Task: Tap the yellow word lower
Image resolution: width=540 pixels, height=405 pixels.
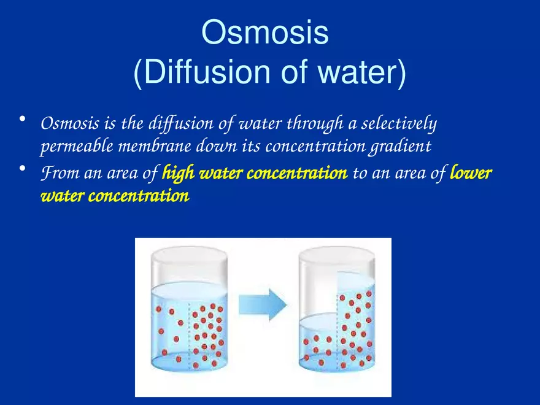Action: [471, 174]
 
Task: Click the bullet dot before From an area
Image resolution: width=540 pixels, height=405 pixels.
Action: [22, 169]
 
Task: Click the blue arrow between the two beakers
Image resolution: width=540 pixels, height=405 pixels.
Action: [262, 304]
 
